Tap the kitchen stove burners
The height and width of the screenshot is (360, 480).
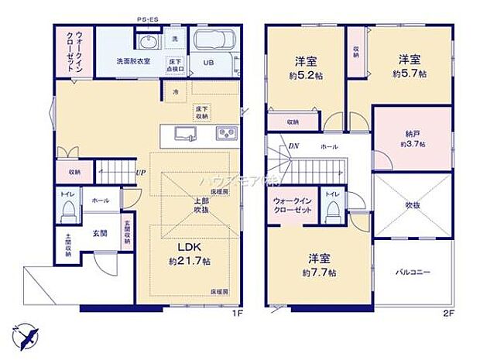coord(225,134)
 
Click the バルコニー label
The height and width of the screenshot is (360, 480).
coord(413,273)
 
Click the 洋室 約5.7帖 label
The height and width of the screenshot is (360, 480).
coord(410,67)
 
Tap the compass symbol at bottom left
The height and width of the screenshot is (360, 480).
coord(25,337)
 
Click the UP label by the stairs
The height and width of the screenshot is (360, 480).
coord(141,173)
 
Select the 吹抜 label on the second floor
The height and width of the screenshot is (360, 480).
coord(413,206)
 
